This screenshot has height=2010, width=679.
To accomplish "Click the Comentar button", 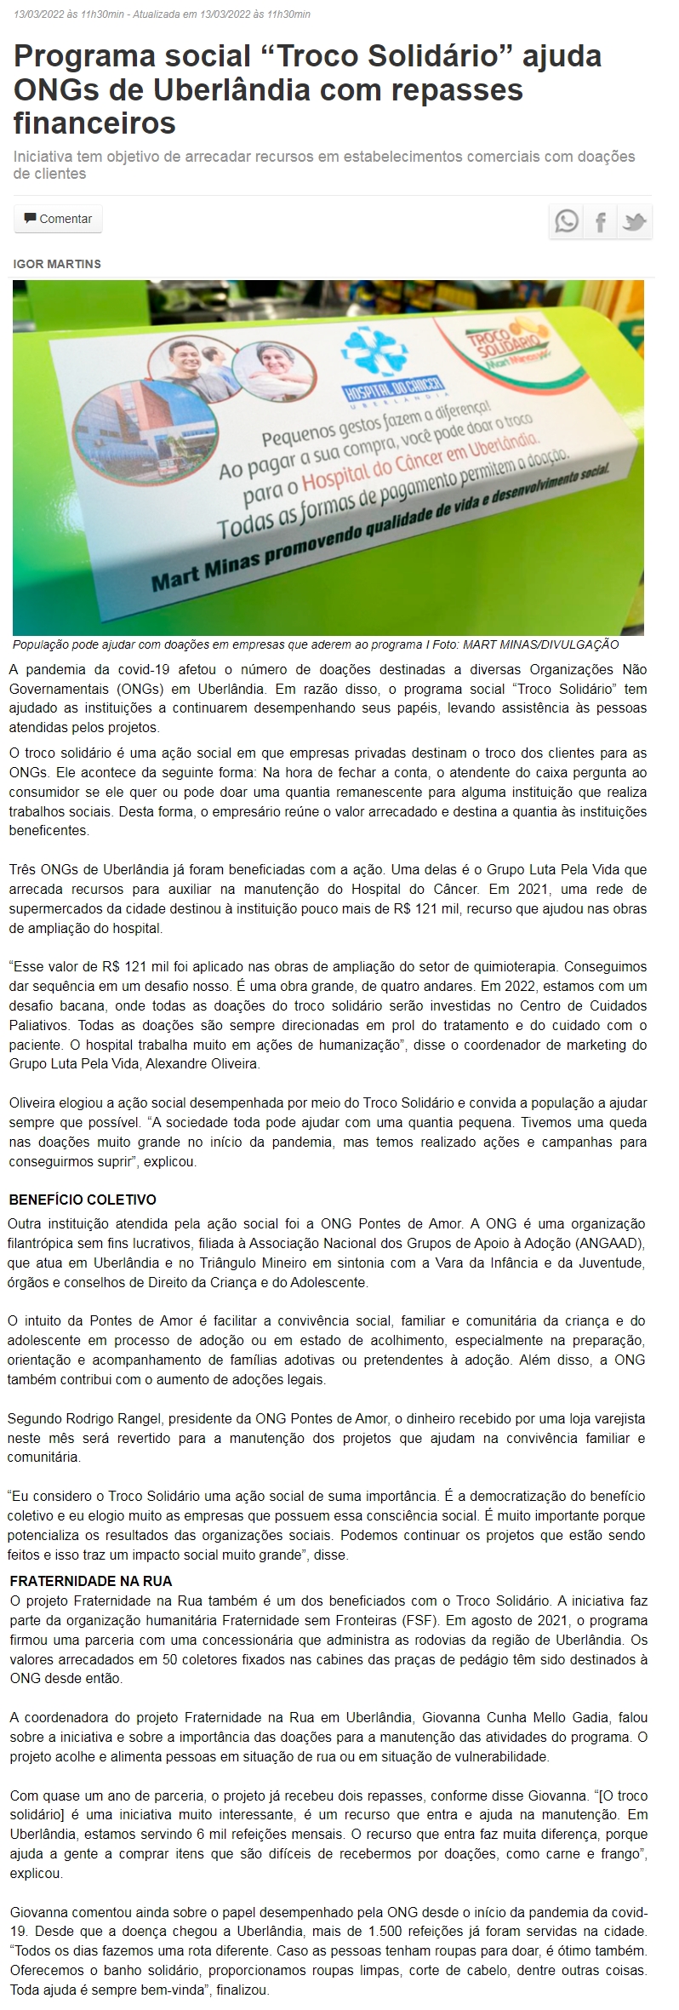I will pyautogui.click(x=58, y=219).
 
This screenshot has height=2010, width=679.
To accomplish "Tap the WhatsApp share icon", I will pyautogui.click(x=566, y=222).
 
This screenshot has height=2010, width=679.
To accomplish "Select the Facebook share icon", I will pyautogui.click(x=601, y=222).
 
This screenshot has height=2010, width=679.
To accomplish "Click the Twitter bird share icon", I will pyautogui.click(x=635, y=222).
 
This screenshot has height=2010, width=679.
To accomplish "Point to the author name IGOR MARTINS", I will pyautogui.click(x=57, y=264).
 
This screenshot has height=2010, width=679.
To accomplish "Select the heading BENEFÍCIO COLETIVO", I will pyautogui.click(x=83, y=1200).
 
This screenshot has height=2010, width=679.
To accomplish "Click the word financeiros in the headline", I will pyautogui.click(x=94, y=123).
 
